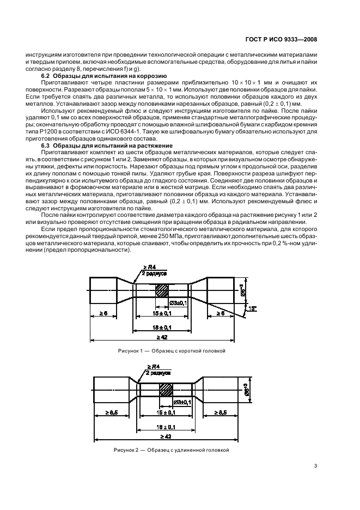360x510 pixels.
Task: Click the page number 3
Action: pyautogui.click(x=316, y=465)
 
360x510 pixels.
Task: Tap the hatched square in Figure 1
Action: pyautogui.click(x=162, y=290)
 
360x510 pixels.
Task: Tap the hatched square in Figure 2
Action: pyautogui.click(x=165, y=389)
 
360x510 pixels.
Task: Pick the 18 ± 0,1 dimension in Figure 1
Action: pyautogui.click(x=162, y=327)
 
